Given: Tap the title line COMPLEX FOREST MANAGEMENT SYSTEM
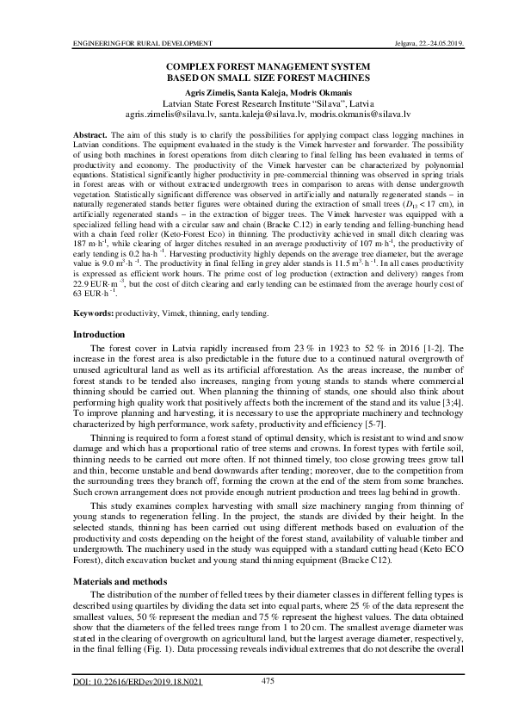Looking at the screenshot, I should tap(256, 65).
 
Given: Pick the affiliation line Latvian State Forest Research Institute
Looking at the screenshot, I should tap(256, 101).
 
